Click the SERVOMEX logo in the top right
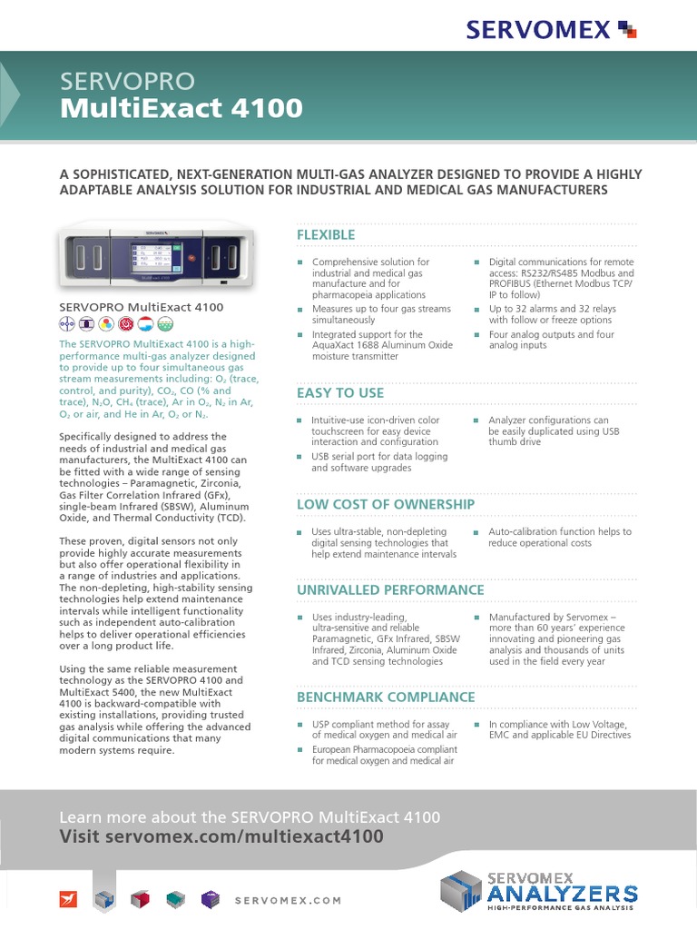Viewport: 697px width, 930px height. pyautogui.click(x=551, y=29)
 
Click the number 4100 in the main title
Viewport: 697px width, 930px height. pyautogui.click(x=267, y=108)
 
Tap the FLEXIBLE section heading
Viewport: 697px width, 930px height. pyautogui.click(x=326, y=235)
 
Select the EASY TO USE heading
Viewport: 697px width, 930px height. pyautogui.click(x=340, y=393)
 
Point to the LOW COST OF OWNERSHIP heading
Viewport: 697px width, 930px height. pyautogui.click(x=386, y=504)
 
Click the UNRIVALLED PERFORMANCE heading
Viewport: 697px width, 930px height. pyautogui.click(x=390, y=590)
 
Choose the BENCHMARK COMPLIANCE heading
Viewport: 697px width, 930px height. pyautogui.click(x=386, y=697)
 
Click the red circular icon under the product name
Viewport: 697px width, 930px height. pyautogui.click(x=126, y=324)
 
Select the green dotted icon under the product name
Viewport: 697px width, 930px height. pyautogui.click(x=165, y=324)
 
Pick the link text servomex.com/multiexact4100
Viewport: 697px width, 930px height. pyautogui.click(x=244, y=836)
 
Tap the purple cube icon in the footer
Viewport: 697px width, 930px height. pyautogui.click(x=209, y=899)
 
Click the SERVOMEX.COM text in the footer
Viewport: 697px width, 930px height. pyautogui.click(x=288, y=900)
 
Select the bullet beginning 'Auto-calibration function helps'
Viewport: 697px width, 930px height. pyautogui.click(x=559, y=538)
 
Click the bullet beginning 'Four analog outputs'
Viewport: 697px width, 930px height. pyautogui.click(x=551, y=340)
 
